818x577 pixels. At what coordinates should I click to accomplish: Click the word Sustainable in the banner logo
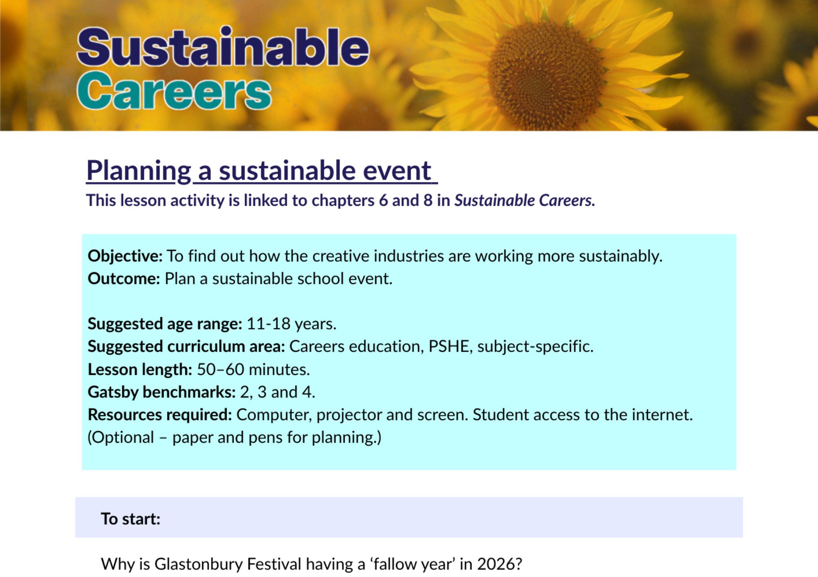click(223, 47)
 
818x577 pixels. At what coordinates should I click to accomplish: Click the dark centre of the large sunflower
click(546, 76)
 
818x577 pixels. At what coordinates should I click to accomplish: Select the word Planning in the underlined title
click(139, 171)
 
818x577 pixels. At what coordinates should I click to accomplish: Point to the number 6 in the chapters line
click(383, 201)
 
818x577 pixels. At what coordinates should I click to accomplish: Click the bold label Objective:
click(125, 256)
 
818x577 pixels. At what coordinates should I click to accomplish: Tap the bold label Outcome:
click(124, 279)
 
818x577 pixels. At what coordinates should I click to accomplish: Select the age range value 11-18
click(268, 324)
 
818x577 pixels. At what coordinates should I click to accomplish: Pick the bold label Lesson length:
click(140, 370)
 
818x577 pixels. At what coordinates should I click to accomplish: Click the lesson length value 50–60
click(220, 370)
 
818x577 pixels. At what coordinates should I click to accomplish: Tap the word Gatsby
click(113, 392)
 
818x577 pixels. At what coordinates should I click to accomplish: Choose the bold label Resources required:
click(160, 415)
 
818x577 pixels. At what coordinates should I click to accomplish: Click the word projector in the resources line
click(349, 415)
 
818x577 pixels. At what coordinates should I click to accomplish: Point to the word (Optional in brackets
click(121, 437)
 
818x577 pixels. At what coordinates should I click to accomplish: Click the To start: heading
click(130, 519)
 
